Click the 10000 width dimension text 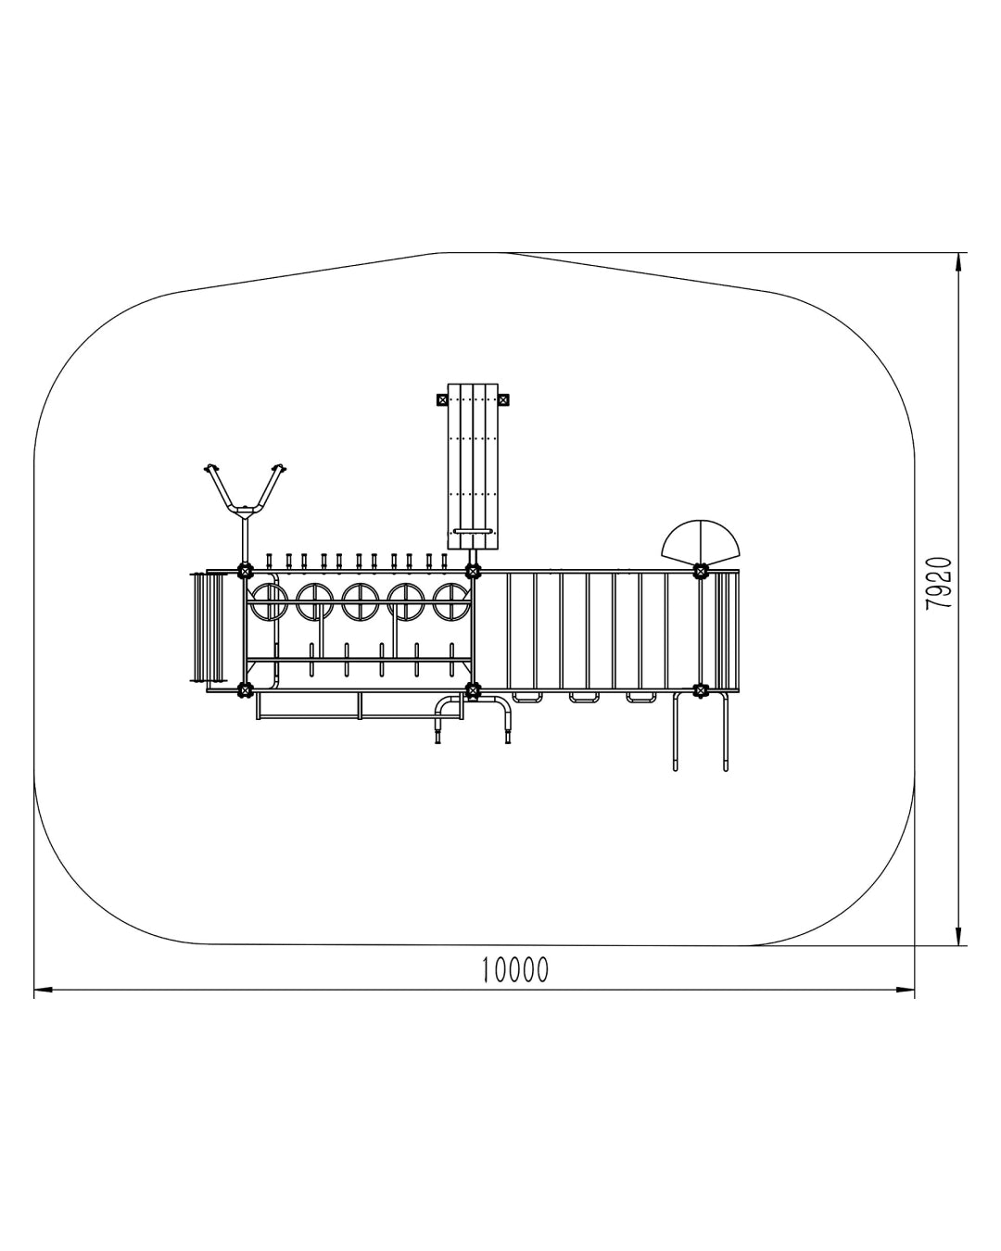click(x=515, y=969)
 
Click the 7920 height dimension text click(x=939, y=583)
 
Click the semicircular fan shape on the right click(x=702, y=540)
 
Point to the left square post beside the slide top click(x=442, y=400)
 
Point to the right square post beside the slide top click(x=503, y=400)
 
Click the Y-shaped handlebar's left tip click(x=210, y=466)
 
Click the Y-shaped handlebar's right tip click(x=279, y=466)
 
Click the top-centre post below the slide click(x=473, y=570)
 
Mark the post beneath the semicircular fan click(x=702, y=570)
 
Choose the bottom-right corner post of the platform click(x=702, y=689)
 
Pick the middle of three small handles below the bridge click(x=584, y=697)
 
